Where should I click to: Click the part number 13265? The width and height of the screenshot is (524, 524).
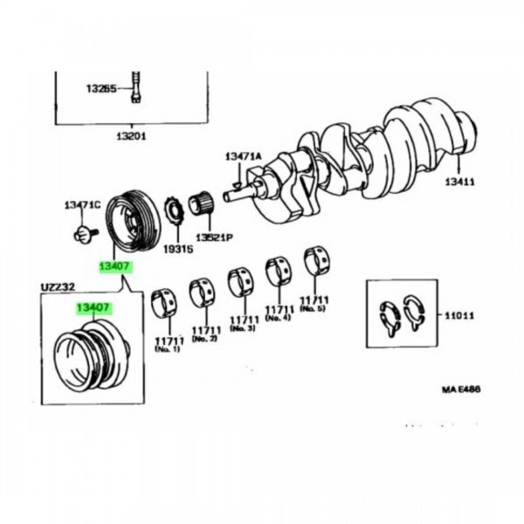101,88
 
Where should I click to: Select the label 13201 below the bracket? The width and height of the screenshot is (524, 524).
132,136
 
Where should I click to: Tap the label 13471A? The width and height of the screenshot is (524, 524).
244,156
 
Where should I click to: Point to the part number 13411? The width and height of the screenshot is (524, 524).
460,182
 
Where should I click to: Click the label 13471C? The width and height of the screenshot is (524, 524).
82,205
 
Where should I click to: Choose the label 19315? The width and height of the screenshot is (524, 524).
178,249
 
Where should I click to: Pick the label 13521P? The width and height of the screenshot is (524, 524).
214,238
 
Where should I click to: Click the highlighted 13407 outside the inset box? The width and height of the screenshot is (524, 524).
114,266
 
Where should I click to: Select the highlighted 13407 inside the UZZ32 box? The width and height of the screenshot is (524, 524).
93,307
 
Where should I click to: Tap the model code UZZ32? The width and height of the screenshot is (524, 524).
58,287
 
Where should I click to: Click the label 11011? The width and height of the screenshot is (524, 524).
459,315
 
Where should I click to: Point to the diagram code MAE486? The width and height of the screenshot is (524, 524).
461,390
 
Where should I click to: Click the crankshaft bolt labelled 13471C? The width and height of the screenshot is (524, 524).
84,233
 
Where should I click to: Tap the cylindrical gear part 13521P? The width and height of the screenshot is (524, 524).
201,203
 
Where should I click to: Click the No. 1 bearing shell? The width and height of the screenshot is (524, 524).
164,303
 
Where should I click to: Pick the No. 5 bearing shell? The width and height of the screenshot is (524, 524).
317,259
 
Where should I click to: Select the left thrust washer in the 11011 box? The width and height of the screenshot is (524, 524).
390,318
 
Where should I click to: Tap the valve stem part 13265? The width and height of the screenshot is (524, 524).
135,86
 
